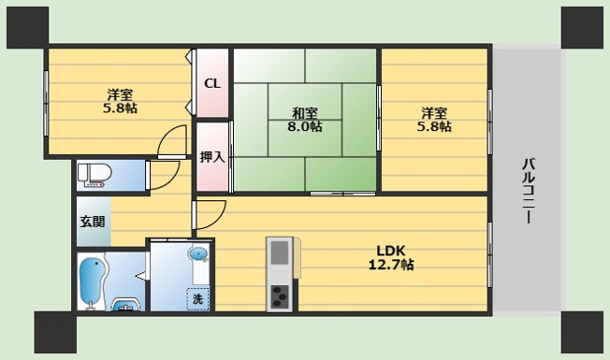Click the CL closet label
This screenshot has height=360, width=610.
coord(212,83)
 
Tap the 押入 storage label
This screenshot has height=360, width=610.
coord(212,157)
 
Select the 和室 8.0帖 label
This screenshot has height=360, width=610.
coord(305,120)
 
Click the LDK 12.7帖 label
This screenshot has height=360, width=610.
coord(391,257)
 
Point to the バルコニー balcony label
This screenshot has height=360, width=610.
coord(529,191)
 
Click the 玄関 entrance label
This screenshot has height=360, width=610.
coord(93,222)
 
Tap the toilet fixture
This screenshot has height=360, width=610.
coord(94,175)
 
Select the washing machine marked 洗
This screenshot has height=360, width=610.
coord(198,298)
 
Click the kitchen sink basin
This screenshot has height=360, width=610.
coord(280,252)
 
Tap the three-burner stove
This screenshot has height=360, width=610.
coord(280,296)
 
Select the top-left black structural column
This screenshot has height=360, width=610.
coord(28,28)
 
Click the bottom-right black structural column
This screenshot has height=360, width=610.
coord(582,332)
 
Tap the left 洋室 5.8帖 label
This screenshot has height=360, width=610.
coord(120,101)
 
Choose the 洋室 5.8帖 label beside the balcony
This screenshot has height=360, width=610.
coord(434,120)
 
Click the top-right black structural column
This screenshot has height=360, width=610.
coord(582,28)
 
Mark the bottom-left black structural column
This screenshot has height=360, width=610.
coord(55,332)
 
